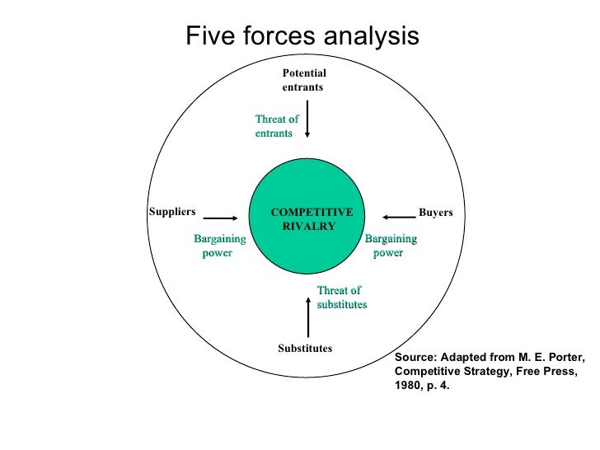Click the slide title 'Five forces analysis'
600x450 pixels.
tap(302, 35)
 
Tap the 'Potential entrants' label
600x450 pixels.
tap(303, 80)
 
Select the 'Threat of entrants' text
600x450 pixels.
tap(276, 126)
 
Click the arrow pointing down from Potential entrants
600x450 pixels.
tap(307, 119)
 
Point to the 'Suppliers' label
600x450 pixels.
tap(171, 211)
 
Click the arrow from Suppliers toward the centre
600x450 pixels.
tap(220, 212)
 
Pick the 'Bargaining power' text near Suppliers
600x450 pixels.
tap(218, 246)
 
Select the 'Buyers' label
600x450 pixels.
tap(435, 213)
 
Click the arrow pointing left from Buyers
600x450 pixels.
tap(396, 212)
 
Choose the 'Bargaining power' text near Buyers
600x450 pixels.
tap(390, 246)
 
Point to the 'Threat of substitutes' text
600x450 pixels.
tap(341, 298)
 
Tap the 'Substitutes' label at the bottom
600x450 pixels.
tap(305, 349)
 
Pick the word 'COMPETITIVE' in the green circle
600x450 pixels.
tap(312, 213)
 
